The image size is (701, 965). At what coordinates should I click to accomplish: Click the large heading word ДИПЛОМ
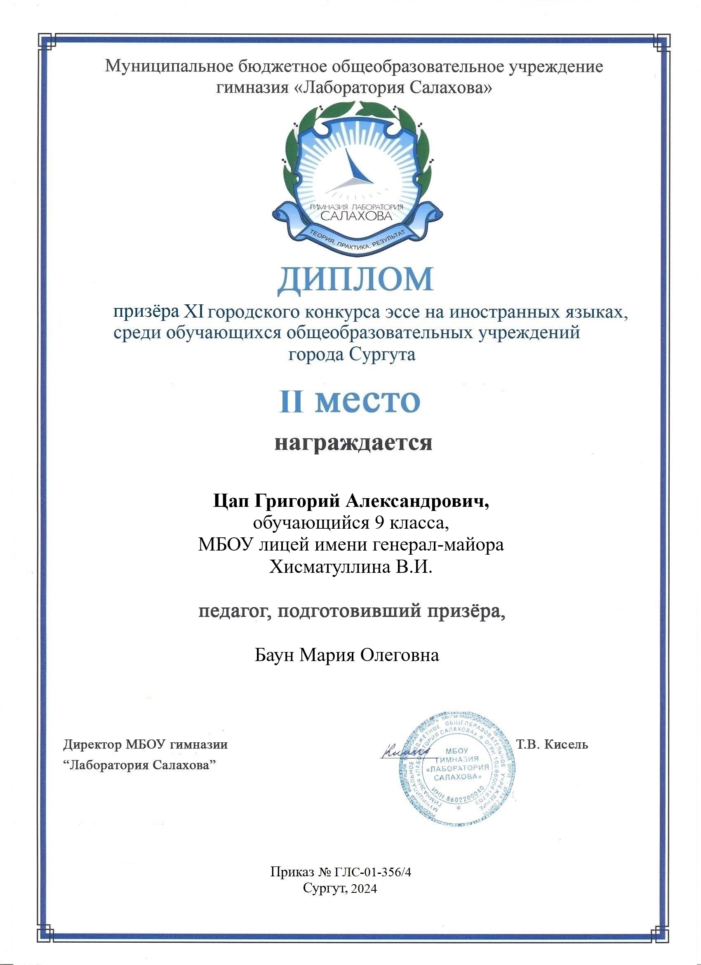click(x=355, y=280)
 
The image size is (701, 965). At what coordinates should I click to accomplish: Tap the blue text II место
click(x=350, y=401)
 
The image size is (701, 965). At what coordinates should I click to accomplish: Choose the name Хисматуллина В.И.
click(x=350, y=567)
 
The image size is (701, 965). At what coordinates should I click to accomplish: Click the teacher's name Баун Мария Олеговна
click(x=347, y=655)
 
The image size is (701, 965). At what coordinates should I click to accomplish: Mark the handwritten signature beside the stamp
click(x=405, y=752)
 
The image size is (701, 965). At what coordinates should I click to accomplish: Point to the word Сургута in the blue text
click(x=382, y=354)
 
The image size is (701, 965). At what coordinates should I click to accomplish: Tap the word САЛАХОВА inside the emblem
click(x=356, y=216)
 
